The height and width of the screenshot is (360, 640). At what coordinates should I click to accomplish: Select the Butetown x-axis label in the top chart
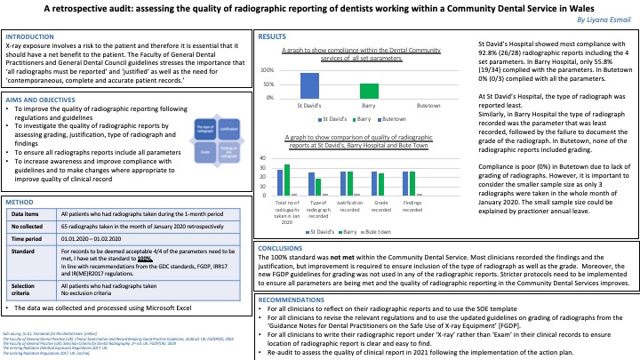click(428, 105)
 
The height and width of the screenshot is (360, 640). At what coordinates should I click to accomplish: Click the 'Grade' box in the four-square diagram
click(204, 152)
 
